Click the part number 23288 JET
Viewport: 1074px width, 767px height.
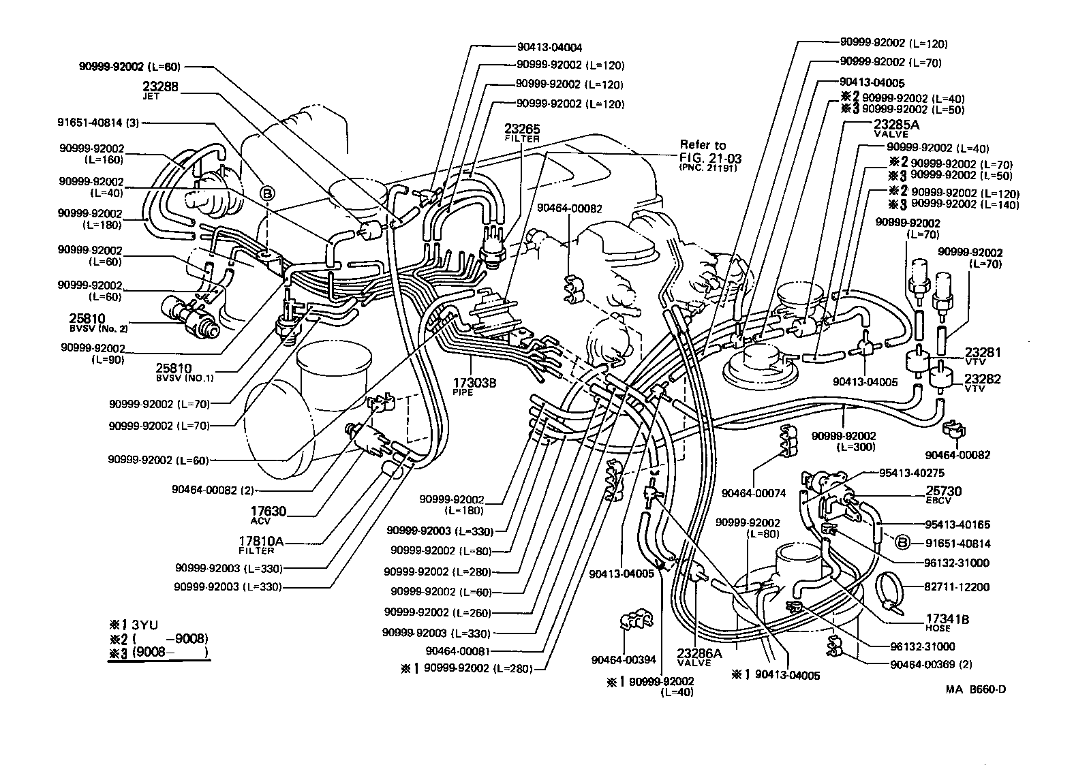160,90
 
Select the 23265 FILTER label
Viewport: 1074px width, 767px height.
522,131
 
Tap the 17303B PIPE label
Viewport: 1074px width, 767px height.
474,386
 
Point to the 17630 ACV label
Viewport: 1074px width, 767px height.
267,514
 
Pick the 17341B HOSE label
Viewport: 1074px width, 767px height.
947,623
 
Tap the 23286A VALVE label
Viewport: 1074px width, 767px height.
694,657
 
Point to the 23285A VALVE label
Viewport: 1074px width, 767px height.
896,128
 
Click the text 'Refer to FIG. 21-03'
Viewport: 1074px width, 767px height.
709,152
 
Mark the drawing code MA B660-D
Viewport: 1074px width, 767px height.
975,689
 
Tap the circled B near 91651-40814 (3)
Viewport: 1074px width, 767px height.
268,194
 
